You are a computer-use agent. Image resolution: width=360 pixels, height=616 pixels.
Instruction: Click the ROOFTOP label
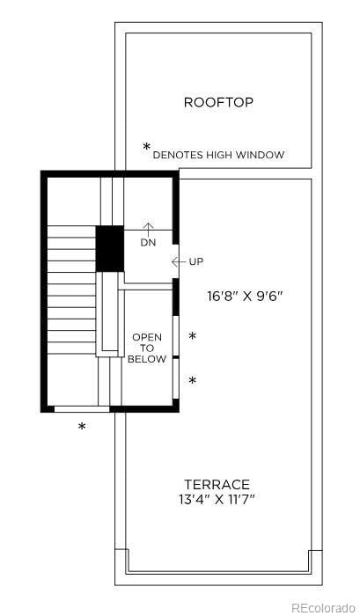click(218, 103)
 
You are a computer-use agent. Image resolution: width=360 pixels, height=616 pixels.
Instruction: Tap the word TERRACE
click(217, 484)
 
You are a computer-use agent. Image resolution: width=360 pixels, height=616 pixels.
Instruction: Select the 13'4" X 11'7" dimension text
click(217, 500)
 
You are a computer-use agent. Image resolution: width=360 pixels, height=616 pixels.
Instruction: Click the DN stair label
click(148, 243)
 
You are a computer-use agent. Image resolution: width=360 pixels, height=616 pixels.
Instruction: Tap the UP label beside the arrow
click(196, 262)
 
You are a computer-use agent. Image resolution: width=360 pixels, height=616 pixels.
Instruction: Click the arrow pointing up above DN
click(148, 229)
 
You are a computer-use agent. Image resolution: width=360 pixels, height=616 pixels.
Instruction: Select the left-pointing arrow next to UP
click(179, 262)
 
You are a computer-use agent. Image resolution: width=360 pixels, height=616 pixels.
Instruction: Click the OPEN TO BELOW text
click(147, 348)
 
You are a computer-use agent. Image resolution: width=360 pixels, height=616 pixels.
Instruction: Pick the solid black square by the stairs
click(109, 248)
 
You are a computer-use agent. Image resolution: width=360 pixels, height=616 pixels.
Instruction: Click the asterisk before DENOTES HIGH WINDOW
click(147, 148)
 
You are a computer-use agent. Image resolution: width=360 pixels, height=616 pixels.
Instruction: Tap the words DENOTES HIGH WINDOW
click(218, 155)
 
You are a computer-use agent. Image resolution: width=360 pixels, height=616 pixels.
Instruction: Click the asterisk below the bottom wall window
click(82, 428)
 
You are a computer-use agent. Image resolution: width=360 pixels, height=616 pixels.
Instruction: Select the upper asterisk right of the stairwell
click(192, 337)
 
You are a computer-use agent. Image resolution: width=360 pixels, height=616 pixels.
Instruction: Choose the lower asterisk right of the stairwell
click(192, 380)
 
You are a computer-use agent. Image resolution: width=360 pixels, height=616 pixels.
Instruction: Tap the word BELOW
click(147, 359)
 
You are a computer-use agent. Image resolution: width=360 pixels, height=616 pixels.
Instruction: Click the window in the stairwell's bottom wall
click(82, 409)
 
